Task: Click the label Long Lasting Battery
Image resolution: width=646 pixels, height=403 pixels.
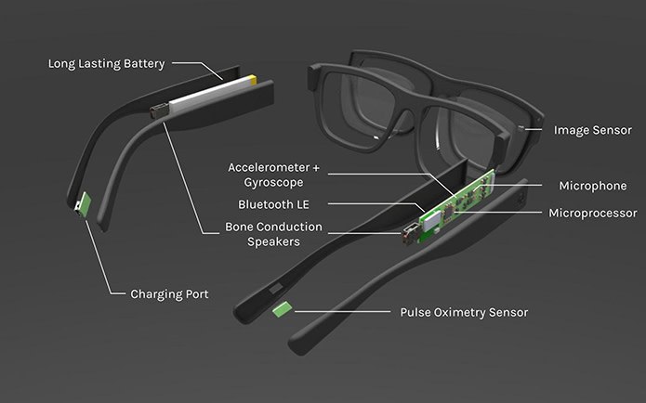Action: (x=106, y=64)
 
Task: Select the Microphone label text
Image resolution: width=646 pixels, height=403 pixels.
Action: (x=592, y=187)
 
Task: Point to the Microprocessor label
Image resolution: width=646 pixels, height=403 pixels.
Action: (x=591, y=213)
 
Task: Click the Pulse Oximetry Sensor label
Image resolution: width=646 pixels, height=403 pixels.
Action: (x=463, y=313)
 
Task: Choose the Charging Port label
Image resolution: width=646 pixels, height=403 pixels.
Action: (x=169, y=293)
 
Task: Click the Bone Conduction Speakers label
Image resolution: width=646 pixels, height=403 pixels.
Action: (x=273, y=233)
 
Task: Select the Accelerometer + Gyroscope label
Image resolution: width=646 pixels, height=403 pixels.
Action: (x=273, y=174)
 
